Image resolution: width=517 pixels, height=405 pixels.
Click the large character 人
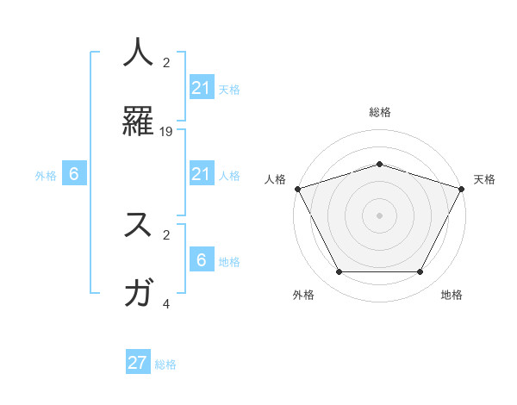(139, 53)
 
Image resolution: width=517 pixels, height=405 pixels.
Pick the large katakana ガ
(139, 293)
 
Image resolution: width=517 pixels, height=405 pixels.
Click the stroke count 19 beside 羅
(166, 132)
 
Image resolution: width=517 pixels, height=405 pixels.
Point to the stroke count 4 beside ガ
(166, 303)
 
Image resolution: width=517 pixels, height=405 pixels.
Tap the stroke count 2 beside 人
(166, 63)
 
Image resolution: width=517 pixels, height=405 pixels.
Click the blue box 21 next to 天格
(201, 88)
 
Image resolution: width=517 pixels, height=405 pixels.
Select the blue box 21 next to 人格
(201, 174)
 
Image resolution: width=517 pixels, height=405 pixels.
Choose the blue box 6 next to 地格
(201, 260)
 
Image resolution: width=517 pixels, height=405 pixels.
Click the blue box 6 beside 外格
(74, 174)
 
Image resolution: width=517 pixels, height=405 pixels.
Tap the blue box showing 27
(138, 363)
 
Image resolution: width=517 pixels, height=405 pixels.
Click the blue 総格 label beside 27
(165, 364)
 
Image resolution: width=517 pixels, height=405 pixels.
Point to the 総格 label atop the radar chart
(379, 112)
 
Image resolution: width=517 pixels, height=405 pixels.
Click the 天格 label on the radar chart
(484, 179)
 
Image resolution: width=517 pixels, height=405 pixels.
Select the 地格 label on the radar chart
(452, 295)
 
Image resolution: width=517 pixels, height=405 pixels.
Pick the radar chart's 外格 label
(303, 295)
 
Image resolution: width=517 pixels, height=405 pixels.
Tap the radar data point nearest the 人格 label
(297, 189)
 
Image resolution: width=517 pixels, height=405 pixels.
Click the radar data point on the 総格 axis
(379, 164)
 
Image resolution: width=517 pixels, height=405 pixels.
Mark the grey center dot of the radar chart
(379, 215)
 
